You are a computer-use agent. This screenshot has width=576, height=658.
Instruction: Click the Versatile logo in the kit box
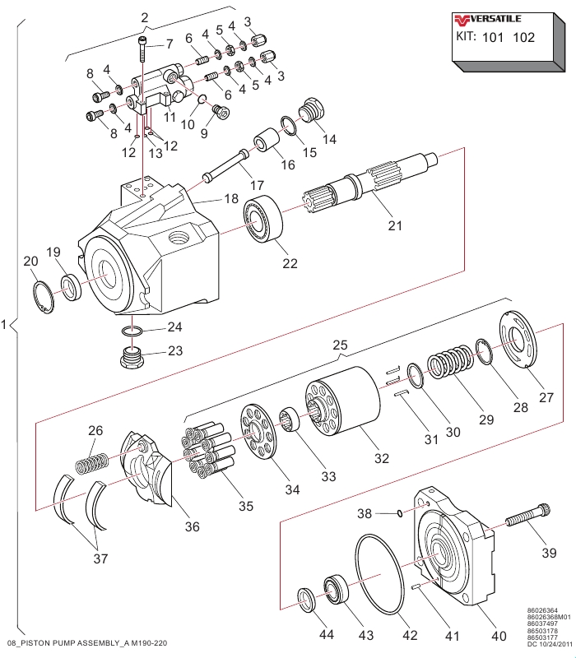pyautogui.click(x=487, y=19)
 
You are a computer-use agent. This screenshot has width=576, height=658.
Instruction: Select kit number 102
pyautogui.click(x=523, y=37)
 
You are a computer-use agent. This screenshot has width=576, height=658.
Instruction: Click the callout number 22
pyautogui.click(x=290, y=263)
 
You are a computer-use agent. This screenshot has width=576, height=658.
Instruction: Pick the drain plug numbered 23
pyautogui.click(x=132, y=357)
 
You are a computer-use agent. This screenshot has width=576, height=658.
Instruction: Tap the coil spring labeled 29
pyautogui.click(x=450, y=361)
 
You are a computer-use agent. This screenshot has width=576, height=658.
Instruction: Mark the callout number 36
pyautogui.click(x=193, y=526)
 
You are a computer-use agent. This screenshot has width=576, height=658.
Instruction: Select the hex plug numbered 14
pyautogui.click(x=311, y=109)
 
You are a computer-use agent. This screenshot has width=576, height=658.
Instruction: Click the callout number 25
pyautogui.click(x=340, y=345)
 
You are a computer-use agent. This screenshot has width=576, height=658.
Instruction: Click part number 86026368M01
pyautogui.click(x=549, y=617)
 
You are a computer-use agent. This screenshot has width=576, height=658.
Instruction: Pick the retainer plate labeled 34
pyautogui.click(x=258, y=433)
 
